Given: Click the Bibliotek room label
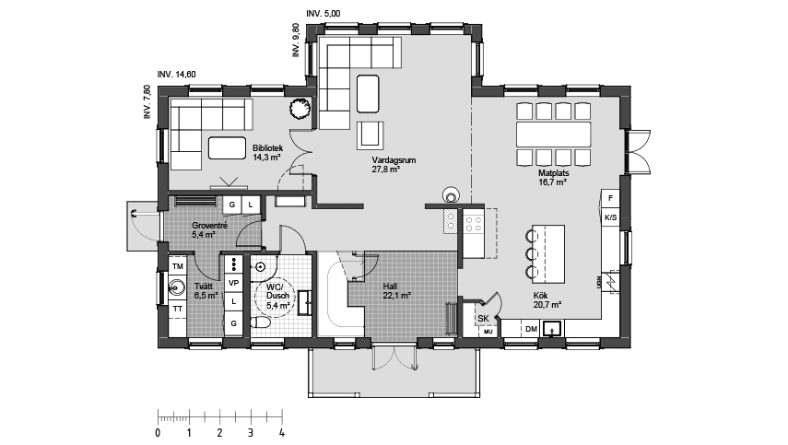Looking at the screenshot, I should click(x=266, y=151).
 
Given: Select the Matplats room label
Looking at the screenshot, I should click(x=551, y=177).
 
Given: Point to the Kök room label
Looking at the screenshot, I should click(x=547, y=299).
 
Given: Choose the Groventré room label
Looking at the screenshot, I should click(x=209, y=229).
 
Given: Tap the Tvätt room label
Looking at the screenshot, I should click(x=206, y=291).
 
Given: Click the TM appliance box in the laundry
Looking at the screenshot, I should click(x=178, y=266).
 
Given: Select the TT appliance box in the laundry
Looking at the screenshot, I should click(x=178, y=307).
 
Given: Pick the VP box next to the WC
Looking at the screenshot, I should click(x=234, y=283).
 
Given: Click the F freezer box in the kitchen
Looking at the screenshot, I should click(x=610, y=198).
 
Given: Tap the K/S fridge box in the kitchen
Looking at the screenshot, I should click(x=610, y=218).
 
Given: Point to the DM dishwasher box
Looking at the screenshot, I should click(x=531, y=329).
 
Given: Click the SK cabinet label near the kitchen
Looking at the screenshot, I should click(x=483, y=319).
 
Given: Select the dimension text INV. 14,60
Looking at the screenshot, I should click(x=176, y=74).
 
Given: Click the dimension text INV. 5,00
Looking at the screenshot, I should click(x=323, y=14).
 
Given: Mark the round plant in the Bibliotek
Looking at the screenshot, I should click(x=300, y=109).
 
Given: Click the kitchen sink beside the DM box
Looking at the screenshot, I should click(x=555, y=328).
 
